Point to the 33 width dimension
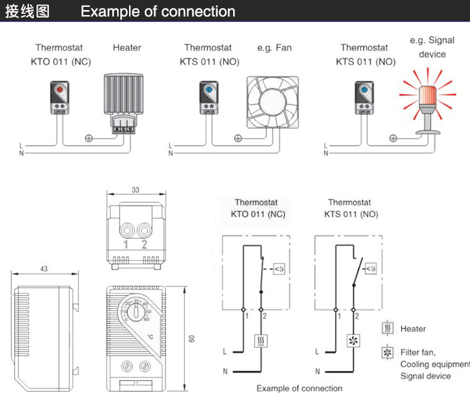[136, 189]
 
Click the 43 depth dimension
[43, 269]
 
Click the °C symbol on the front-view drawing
[150, 337]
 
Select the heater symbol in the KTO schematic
[260, 342]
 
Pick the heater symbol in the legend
[388, 328]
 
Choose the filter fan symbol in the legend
[388, 352]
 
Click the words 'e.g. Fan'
[274, 48]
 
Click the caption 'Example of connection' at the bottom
[300, 388]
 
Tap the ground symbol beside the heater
[89, 138]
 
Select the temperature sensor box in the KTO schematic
[277, 269]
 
